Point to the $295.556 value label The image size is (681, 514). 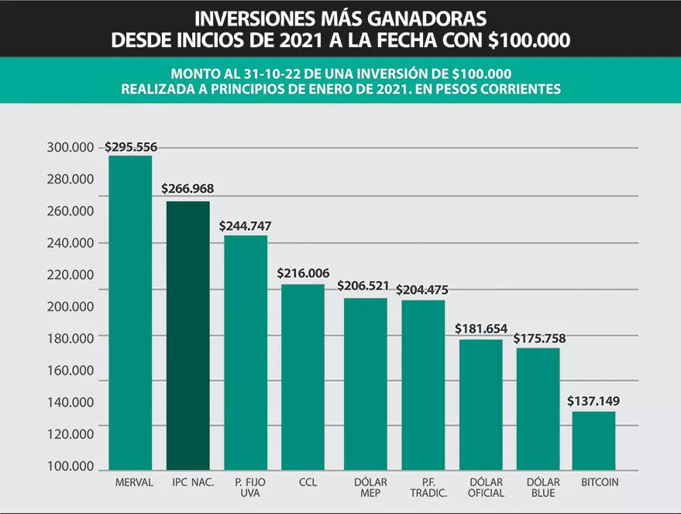130,146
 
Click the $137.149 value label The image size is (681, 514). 593,402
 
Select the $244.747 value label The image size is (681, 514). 245,226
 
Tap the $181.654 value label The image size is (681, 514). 480,329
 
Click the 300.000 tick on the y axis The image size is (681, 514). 71,147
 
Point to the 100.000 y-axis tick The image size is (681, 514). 71,467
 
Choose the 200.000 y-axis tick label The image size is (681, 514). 71,307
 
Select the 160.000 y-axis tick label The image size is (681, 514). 71,370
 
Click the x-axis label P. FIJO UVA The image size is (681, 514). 245,488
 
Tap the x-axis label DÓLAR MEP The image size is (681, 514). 364,488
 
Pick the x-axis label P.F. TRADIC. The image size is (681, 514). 423,488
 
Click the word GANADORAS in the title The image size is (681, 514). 425,17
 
